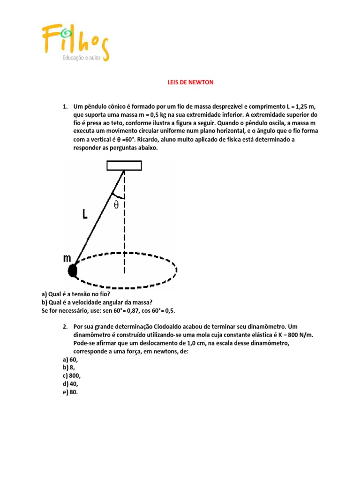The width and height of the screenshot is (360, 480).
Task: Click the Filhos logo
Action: (x=75, y=41)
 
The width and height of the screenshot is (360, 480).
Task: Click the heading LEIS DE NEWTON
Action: (x=190, y=82)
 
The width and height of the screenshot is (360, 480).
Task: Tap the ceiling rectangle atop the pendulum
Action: (x=124, y=165)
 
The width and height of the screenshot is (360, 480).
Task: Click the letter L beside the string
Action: (x=85, y=214)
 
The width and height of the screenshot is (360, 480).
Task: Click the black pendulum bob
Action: (x=72, y=270)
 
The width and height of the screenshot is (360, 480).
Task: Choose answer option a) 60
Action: (x=72, y=359)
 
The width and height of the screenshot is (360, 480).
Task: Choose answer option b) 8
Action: (x=70, y=367)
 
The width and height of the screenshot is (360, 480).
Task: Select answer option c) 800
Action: (x=74, y=376)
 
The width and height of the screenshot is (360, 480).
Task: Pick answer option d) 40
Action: (x=72, y=384)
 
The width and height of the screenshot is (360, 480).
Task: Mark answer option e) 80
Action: (x=72, y=393)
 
